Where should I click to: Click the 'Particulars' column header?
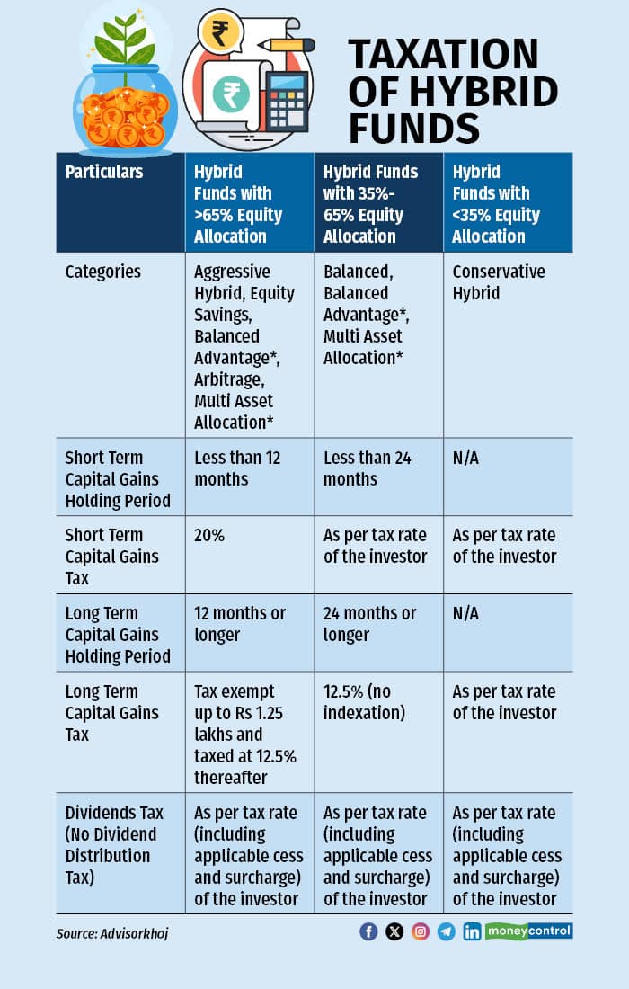[103, 172]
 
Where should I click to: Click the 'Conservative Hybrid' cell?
[499, 282]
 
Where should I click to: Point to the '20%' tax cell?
[209, 535]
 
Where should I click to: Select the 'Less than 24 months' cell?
[367, 468]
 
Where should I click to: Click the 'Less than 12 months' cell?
[237, 468]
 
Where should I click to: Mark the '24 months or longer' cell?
[369, 624]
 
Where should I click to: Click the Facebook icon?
[368, 931]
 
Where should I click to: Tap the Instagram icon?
[421, 931]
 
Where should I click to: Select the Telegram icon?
[447, 931]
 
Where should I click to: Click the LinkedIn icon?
[472, 931]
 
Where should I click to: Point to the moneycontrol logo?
[529, 931]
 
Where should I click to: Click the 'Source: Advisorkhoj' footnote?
[112, 933]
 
